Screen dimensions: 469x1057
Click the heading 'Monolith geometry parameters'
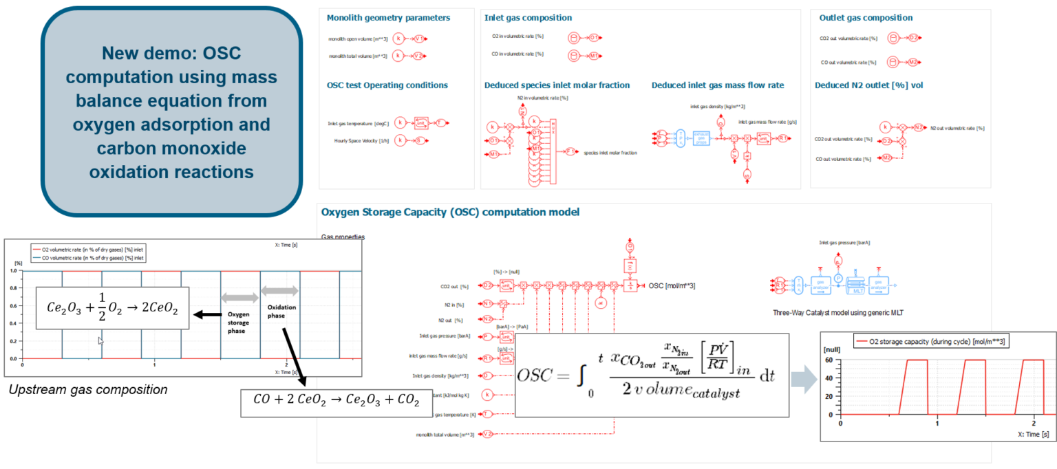point(388,18)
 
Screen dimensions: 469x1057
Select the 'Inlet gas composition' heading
point(528,18)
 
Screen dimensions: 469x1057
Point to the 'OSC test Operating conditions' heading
point(387,85)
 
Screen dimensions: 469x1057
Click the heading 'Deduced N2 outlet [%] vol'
point(868,85)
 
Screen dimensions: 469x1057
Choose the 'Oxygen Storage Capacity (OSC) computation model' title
point(450,212)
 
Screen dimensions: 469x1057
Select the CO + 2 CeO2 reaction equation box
point(330,402)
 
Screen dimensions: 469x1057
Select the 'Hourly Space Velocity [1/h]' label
point(359,141)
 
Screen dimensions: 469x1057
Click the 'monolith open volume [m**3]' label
point(358,39)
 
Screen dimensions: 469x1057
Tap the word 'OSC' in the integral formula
point(539,377)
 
